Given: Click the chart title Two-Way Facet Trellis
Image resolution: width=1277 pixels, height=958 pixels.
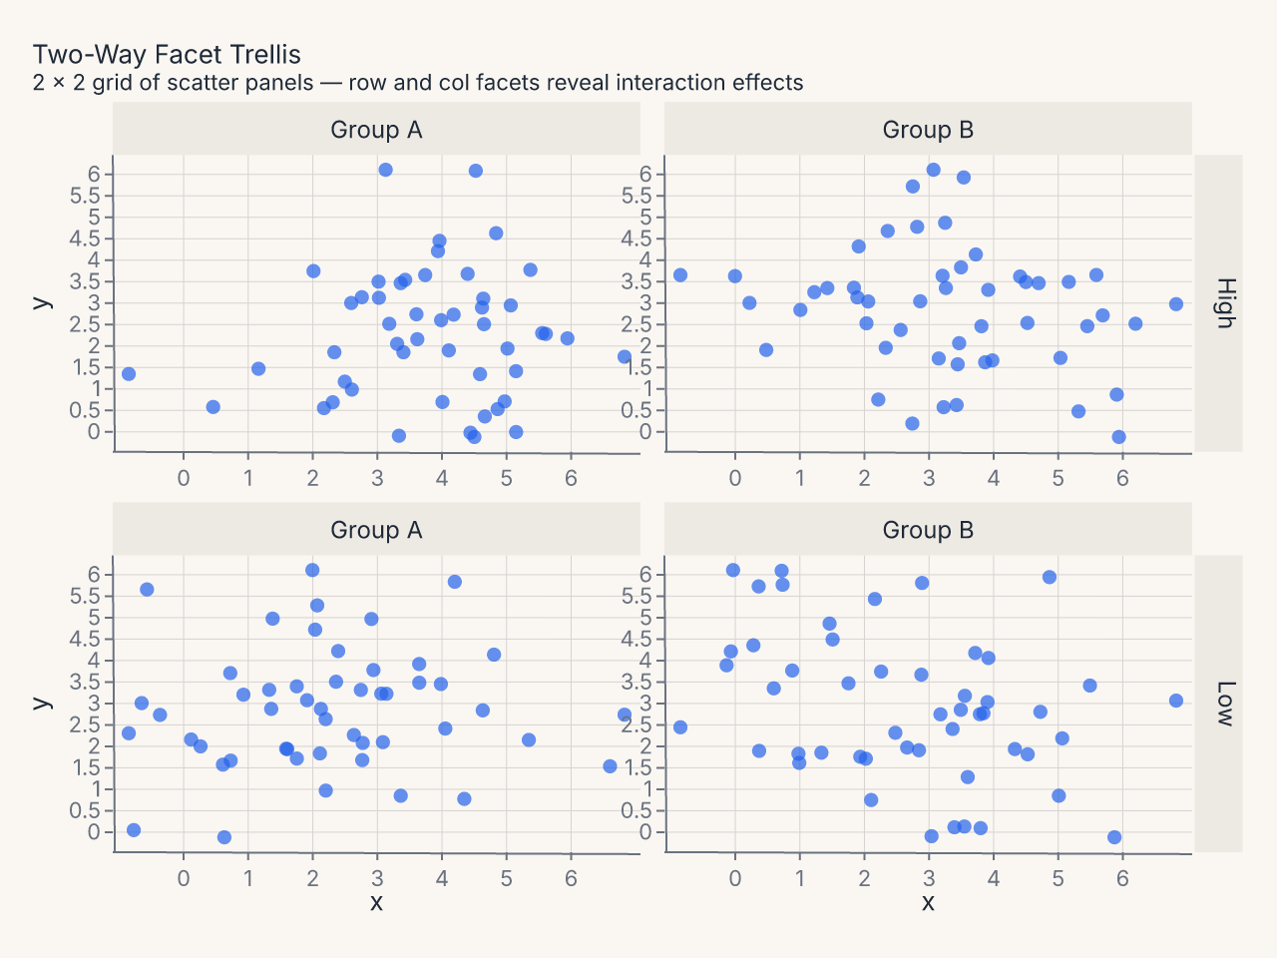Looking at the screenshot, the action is click(x=167, y=55).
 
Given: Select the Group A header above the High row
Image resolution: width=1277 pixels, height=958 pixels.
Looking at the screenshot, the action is click(x=376, y=129).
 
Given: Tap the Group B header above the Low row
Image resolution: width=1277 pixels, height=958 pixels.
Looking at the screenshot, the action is click(x=928, y=530).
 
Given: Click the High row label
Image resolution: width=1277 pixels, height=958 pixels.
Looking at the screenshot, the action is click(x=1226, y=303).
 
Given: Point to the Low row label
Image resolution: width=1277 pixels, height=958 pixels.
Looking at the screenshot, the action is click(x=1226, y=704).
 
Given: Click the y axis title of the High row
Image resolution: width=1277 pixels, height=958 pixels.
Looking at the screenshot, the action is click(x=42, y=303).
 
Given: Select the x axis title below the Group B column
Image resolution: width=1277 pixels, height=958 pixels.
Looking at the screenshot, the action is click(x=928, y=903).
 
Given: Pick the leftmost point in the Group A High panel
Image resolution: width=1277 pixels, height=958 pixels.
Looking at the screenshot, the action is click(x=129, y=374).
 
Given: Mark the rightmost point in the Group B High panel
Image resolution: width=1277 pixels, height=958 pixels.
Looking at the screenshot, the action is click(x=1176, y=304).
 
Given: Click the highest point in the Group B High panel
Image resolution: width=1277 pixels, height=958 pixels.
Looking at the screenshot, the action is click(x=933, y=170).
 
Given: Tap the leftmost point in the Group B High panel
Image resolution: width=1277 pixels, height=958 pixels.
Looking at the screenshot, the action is click(x=680, y=275).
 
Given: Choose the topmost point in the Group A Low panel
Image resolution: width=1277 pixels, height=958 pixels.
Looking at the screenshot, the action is click(x=312, y=570).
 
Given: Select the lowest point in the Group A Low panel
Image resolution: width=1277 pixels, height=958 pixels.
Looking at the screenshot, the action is click(x=224, y=837).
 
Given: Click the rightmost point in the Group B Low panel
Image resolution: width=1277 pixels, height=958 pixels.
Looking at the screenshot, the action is click(x=1176, y=701).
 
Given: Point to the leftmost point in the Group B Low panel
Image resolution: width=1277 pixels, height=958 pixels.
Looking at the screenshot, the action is click(x=680, y=727).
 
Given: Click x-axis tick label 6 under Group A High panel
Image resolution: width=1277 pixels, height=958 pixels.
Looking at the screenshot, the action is click(x=571, y=478).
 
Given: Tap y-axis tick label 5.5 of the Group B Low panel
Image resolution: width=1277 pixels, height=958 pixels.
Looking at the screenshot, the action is click(x=638, y=596).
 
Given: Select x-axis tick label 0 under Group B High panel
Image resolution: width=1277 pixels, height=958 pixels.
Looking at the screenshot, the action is click(x=735, y=478).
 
